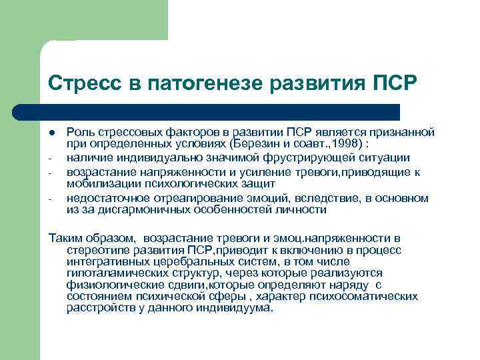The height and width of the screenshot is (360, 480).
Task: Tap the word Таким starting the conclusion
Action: coord(65,237)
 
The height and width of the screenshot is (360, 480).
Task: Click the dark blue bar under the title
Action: coord(220,111)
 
